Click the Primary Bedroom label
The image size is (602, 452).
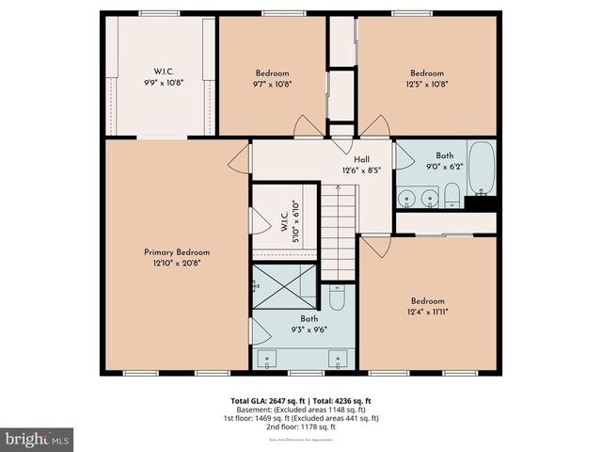(x=177, y=252)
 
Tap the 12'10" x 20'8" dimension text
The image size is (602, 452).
(x=177, y=264)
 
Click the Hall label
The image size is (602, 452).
(x=360, y=158)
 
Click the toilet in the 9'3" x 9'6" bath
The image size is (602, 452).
(x=338, y=298)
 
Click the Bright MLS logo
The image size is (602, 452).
(x=38, y=439)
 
